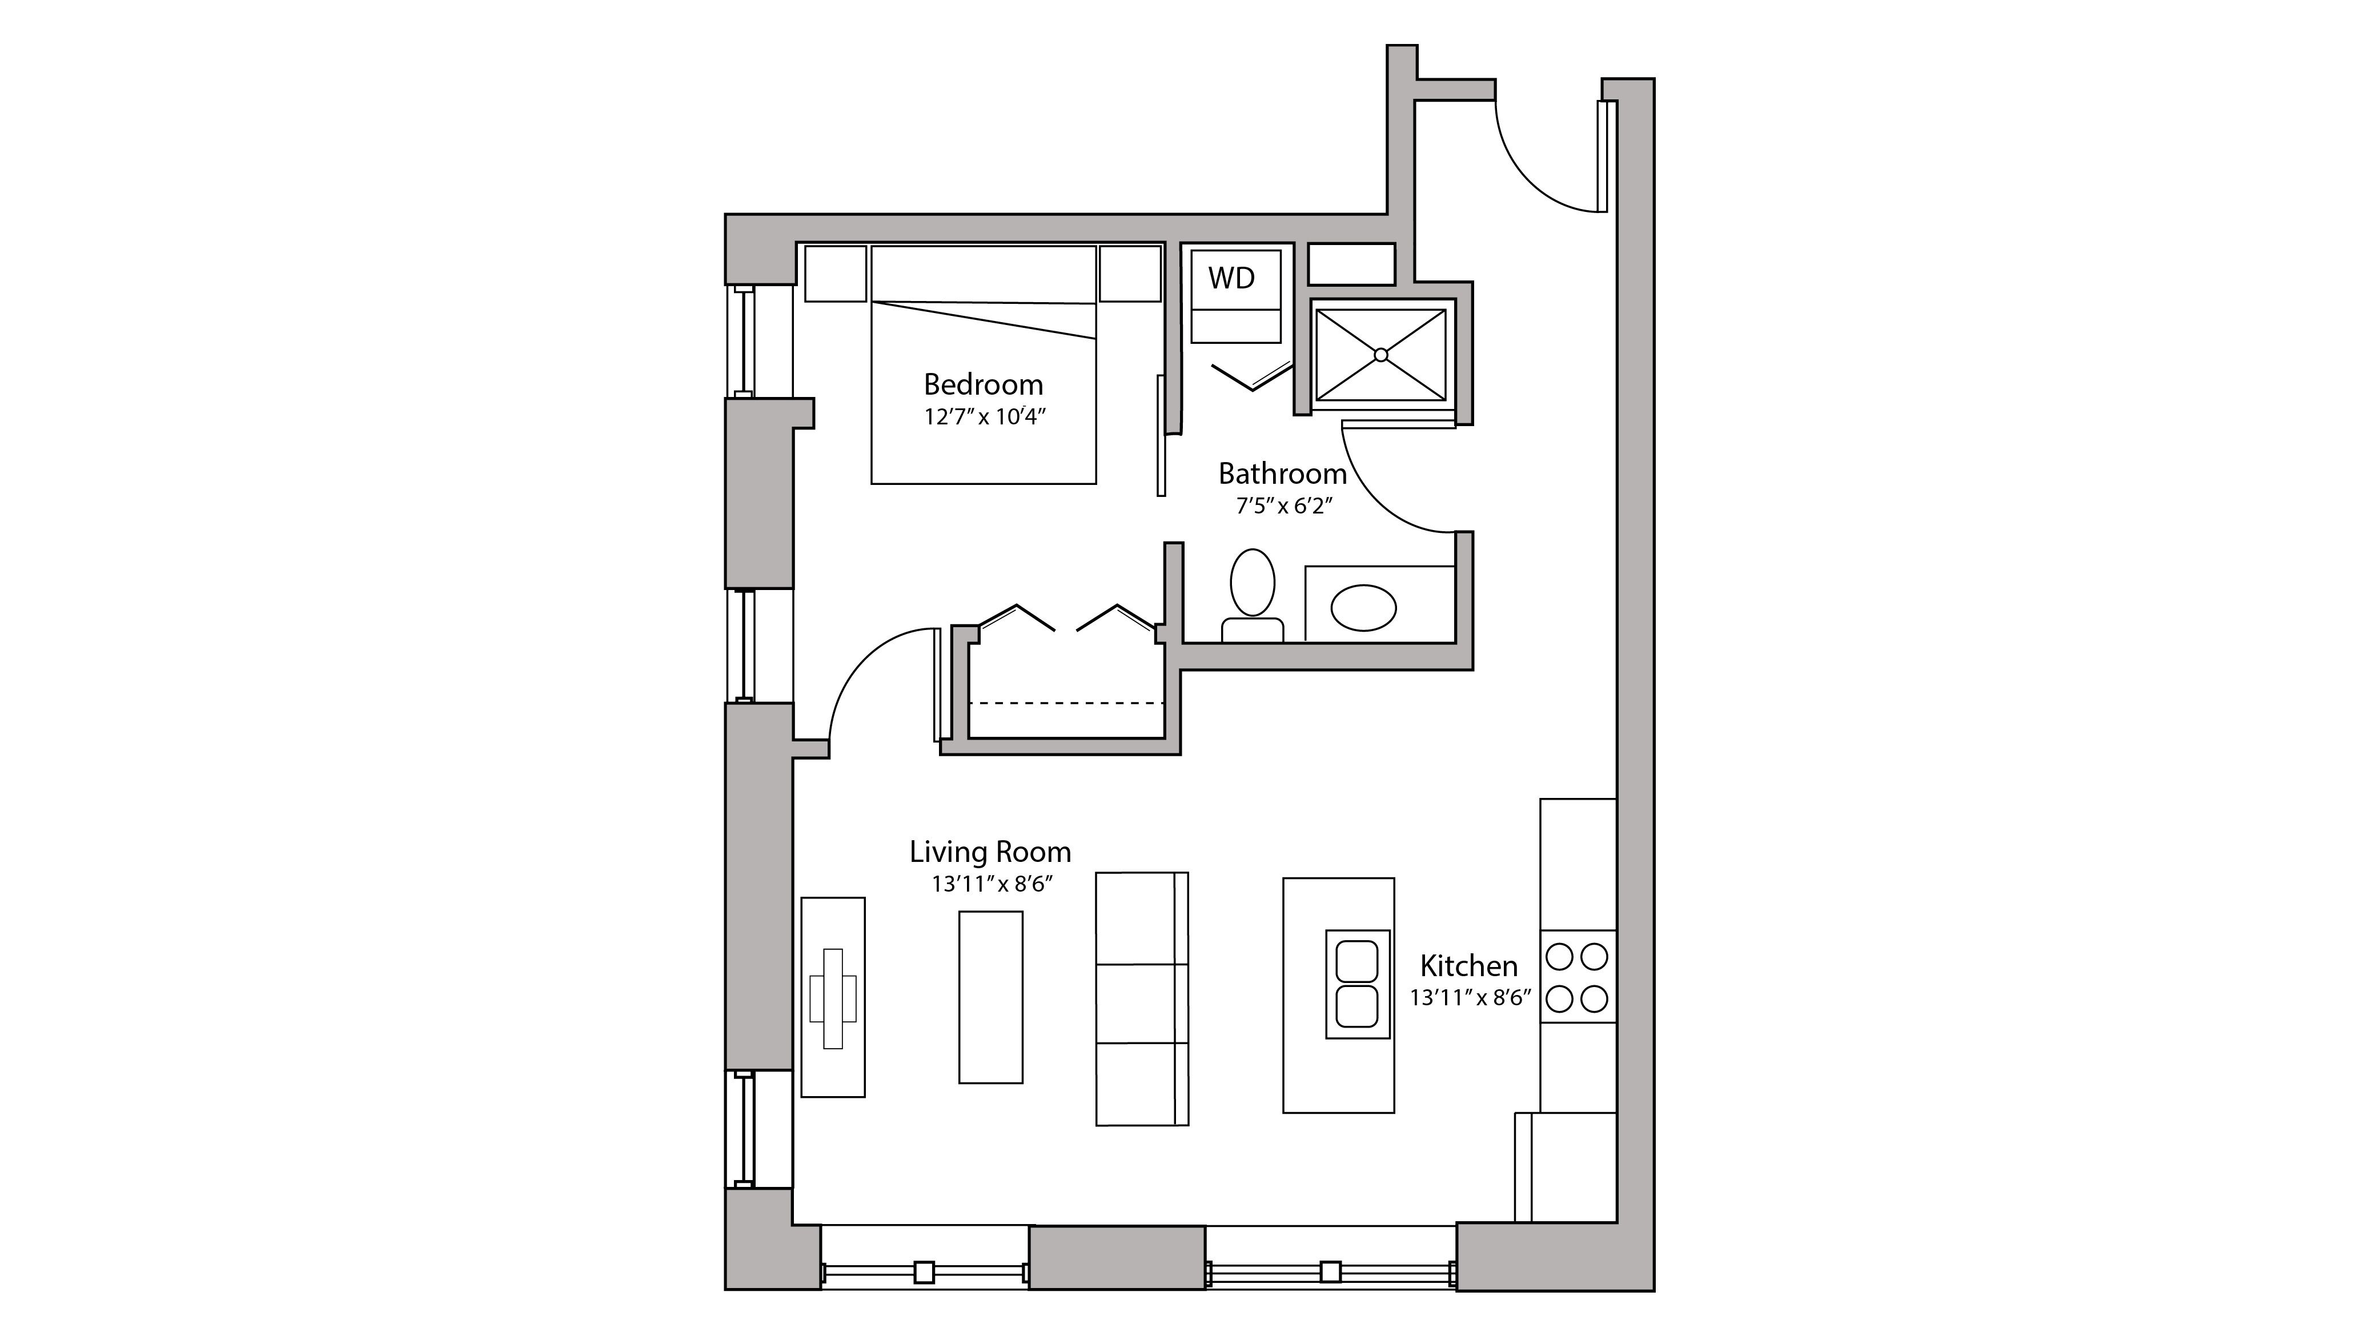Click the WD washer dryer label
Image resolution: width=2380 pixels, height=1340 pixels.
(1231, 278)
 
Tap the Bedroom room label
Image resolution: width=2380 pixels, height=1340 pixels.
(983, 384)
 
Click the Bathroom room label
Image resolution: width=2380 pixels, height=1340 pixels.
(1282, 474)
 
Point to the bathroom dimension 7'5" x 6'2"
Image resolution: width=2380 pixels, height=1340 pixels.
(1283, 507)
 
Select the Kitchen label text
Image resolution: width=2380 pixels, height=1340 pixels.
(1468, 966)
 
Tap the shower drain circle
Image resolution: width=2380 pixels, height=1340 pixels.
(1380, 355)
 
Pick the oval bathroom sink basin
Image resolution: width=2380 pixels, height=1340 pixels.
(1363, 607)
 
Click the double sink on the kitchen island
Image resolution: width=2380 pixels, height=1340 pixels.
(1357, 984)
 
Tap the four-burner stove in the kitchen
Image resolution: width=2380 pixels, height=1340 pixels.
(1577, 977)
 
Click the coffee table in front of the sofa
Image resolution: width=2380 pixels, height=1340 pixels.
(990, 997)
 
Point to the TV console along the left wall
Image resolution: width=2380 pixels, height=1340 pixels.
(832, 997)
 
